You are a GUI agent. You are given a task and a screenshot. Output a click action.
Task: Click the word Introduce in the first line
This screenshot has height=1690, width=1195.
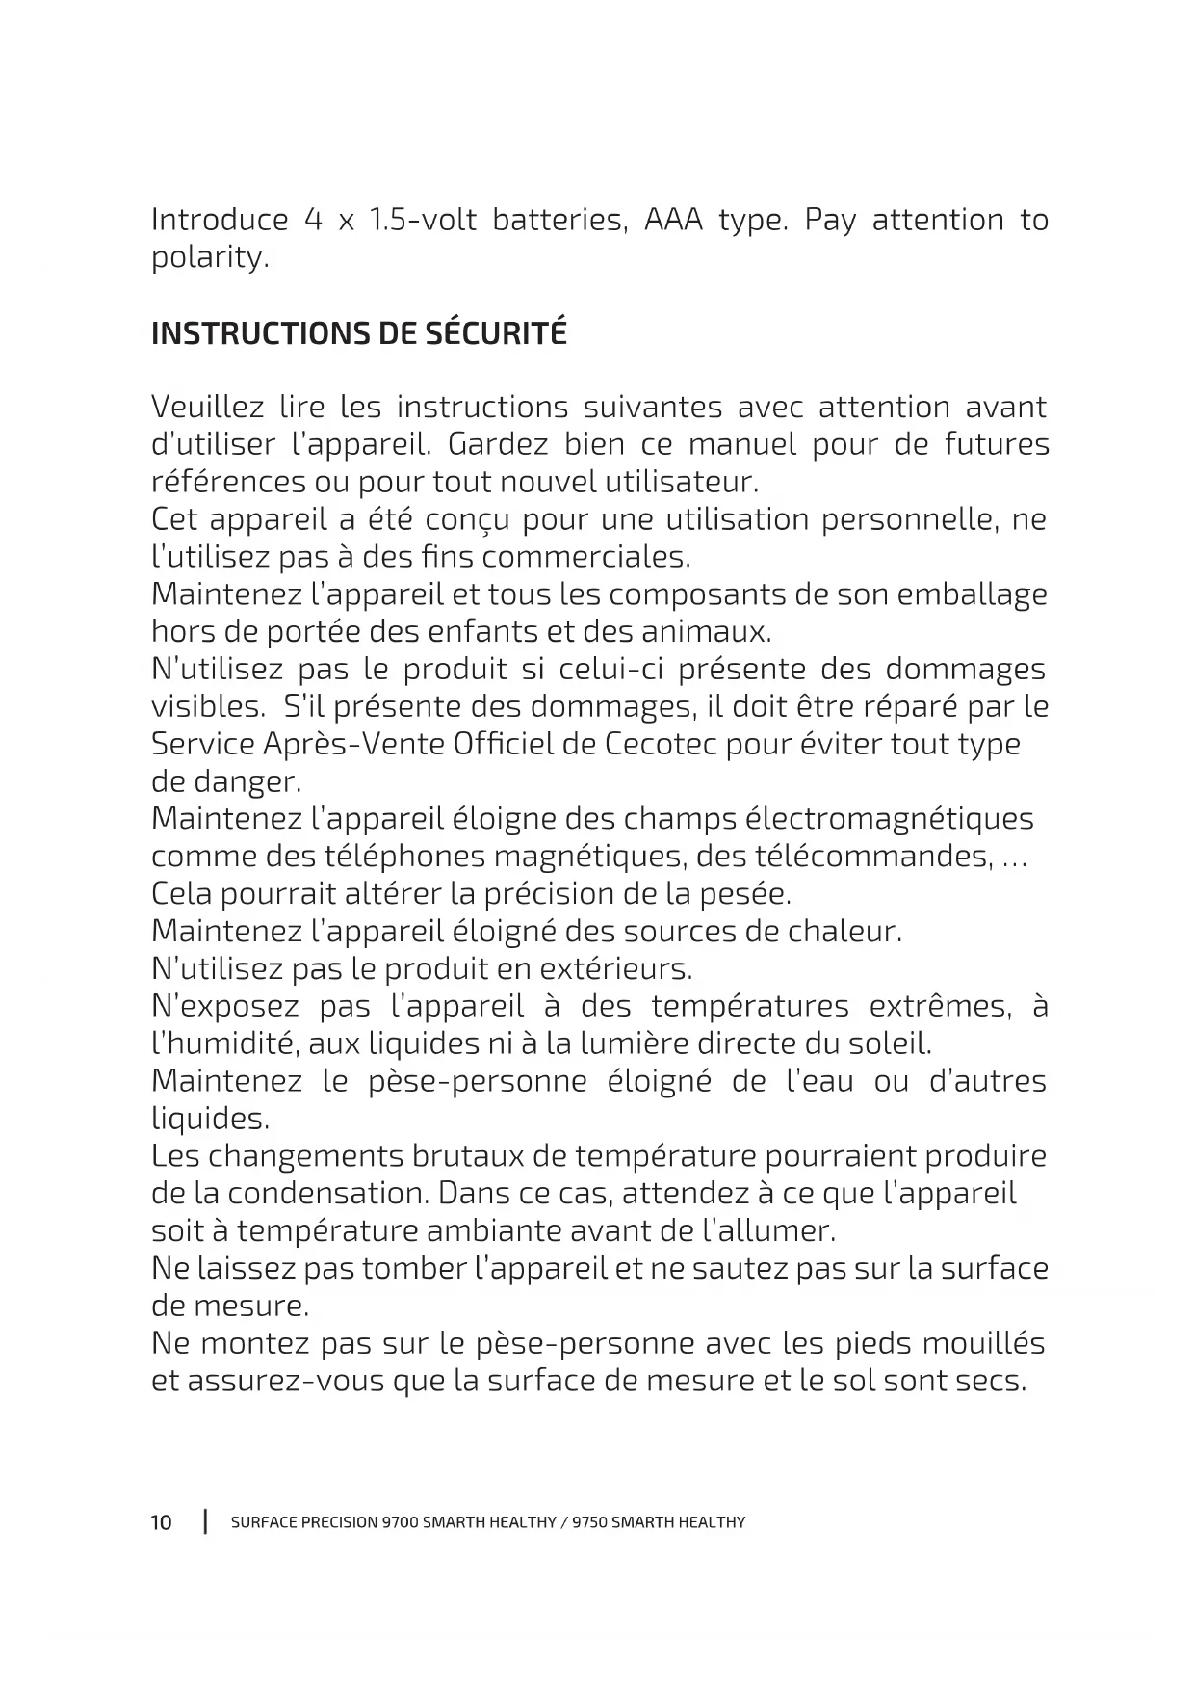pos(220,220)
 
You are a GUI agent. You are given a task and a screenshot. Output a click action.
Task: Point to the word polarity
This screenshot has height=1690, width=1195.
pos(209,258)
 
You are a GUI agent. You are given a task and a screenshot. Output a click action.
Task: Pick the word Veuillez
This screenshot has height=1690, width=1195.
pos(207,407)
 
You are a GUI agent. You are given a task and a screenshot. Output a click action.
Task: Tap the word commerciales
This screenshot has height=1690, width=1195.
pos(585,557)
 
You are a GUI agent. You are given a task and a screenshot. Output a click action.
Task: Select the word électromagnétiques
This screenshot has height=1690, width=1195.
pos(889,819)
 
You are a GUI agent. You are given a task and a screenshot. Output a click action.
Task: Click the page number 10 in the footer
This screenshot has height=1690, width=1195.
pos(161,1522)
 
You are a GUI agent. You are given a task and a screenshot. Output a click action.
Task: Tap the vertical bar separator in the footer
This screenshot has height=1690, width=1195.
pos(205,1522)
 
